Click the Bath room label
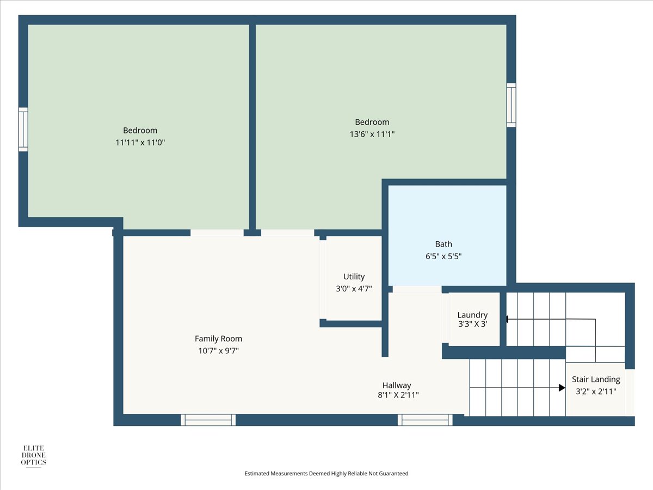443,244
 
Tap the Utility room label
354,277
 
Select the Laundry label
472,315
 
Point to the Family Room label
218,339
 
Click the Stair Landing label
596,379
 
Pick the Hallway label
397,385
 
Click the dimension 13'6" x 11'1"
372,134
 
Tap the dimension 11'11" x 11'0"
140,143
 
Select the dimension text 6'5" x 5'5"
443,256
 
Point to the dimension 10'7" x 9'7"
218,351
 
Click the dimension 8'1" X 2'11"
398,395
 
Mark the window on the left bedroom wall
23,130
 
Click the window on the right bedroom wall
511,105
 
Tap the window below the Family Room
208,420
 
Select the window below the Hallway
425,420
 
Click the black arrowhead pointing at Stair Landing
562,388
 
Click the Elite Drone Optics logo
33,456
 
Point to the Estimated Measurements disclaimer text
326,473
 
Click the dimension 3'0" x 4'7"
354,289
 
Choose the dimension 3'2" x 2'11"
596,391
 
